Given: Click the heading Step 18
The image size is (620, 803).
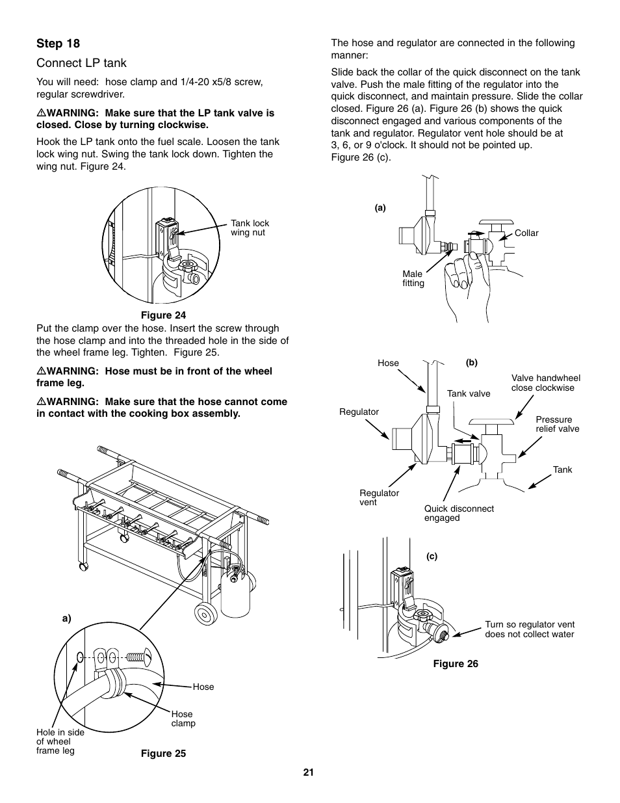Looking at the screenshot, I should (58, 44).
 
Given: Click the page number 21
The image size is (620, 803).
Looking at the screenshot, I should (309, 772).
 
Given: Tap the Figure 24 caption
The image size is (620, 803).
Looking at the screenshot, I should (168, 316).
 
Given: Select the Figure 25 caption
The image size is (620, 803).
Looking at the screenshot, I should (164, 754).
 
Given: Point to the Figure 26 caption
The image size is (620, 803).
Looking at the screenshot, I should (456, 664).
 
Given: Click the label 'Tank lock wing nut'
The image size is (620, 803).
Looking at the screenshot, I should (250, 228).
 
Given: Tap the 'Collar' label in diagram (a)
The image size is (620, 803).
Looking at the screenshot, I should (526, 233).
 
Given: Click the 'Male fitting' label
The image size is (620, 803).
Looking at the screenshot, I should (413, 278).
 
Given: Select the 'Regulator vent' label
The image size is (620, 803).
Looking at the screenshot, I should (379, 497).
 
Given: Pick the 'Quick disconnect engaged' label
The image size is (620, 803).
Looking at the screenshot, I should (459, 513).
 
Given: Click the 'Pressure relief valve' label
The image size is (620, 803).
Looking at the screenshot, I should (557, 424).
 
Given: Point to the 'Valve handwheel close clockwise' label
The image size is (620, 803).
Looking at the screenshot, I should (545, 383).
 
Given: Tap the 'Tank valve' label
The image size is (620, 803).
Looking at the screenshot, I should (469, 393).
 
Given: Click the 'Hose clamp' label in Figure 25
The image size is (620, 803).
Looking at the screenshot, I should (183, 718).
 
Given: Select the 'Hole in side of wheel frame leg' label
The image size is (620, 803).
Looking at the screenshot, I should (60, 741).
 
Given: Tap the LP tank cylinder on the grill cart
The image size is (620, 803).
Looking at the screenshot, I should (235, 592).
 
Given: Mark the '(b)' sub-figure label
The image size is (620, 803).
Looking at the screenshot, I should (471, 363).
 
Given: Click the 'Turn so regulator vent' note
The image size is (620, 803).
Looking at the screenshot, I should (529, 629).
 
